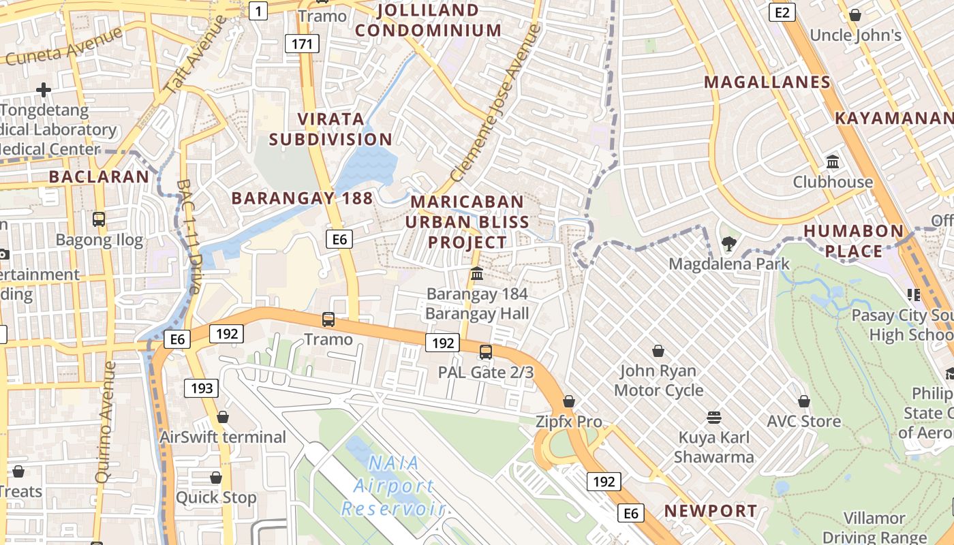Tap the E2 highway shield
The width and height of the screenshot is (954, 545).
pos(782,12)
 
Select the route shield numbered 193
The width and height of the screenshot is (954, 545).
pos(202,388)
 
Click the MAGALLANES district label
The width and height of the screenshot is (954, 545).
pos(767,82)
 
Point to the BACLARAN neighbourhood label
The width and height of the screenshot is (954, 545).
pos(99,177)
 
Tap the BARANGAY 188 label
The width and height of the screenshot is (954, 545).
pos(303,198)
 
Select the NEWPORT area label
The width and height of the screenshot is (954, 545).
pos(711,511)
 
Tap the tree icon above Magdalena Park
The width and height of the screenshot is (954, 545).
pos(729,243)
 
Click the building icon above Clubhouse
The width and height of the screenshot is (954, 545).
pos(833,162)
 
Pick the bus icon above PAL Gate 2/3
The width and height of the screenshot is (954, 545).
pos(486,352)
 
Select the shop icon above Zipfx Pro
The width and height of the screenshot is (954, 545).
pos(569,402)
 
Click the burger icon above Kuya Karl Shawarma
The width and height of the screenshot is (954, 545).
pos(714,417)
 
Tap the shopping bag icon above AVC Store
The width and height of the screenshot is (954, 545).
pos(804,401)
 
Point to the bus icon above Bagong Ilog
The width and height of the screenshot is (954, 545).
pos(99,219)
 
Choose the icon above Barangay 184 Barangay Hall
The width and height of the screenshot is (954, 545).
pos(477,274)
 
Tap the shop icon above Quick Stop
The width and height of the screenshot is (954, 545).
pos(216,478)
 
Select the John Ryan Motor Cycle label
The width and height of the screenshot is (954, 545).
pos(658,381)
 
